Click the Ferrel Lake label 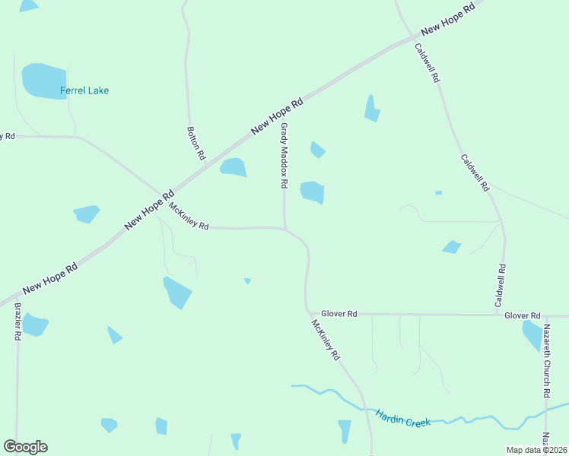click(84, 91)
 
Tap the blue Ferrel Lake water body click(43, 79)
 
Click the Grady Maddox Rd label click(284, 156)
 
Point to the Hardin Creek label click(402, 417)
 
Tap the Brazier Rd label click(18, 322)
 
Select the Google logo click(25, 447)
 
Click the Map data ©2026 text click(536, 450)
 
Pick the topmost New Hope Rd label click(448, 17)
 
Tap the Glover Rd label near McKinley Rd click(339, 313)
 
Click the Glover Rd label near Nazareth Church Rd click(526, 315)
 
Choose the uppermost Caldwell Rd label click(427, 62)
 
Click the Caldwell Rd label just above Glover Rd click(501, 286)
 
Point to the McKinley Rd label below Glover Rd click(326, 339)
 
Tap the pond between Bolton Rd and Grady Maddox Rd click(234, 167)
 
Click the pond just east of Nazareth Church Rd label click(532, 335)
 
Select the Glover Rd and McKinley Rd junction click(308, 312)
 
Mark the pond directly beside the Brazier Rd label click(34, 325)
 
